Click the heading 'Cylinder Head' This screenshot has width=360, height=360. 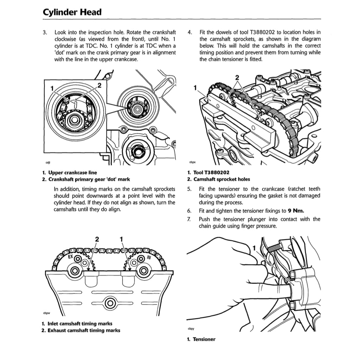point(72,12)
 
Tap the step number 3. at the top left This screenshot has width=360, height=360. point(45,32)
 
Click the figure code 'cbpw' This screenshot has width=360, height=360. point(46,313)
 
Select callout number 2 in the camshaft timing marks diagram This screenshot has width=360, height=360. point(97,239)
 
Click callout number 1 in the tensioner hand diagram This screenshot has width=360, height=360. point(254,248)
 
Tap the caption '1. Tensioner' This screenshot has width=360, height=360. point(201,339)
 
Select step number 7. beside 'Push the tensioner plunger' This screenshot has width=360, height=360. point(189,219)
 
